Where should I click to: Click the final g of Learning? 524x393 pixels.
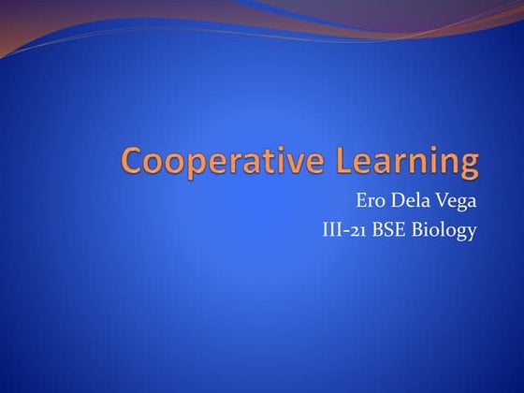tap(467, 166)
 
